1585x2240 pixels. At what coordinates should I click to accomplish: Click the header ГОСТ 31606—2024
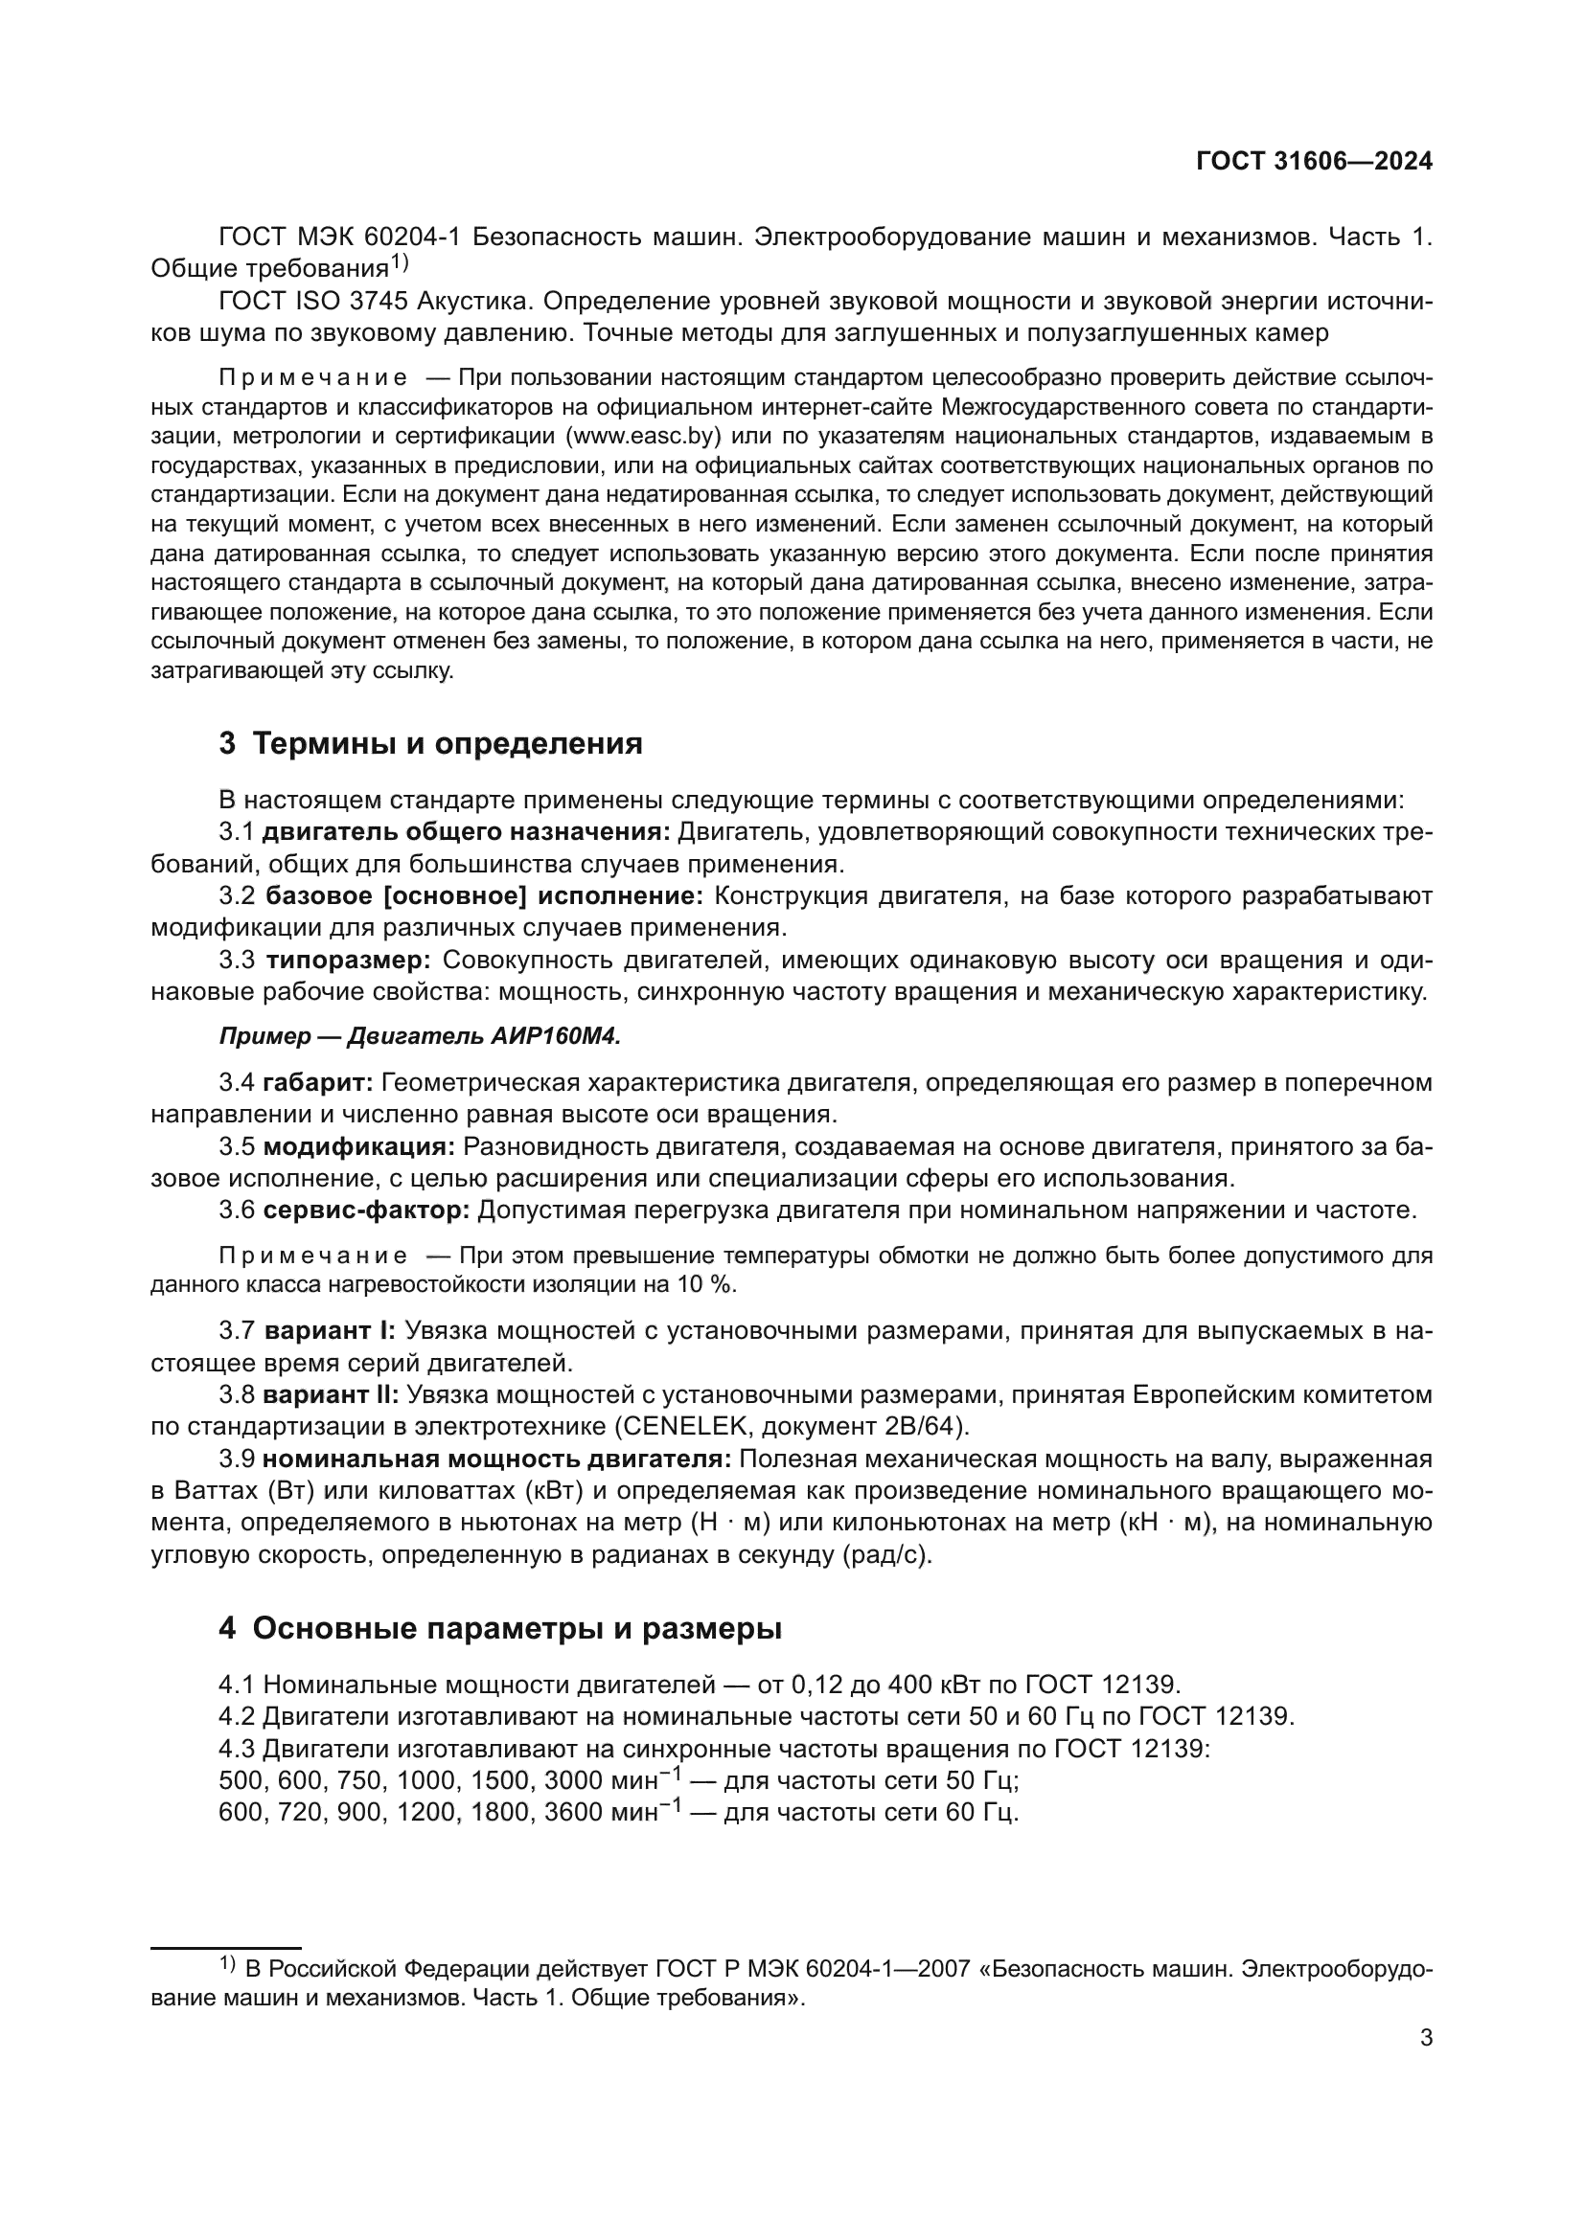click(1314, 162)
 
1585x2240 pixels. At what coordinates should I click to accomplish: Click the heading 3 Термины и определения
click(430, 743)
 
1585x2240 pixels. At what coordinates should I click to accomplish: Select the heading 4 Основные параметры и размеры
click(499, 1628)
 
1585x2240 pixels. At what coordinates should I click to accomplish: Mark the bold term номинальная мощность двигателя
click(496, 1459)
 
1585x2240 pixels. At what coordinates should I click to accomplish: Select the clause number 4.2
click(237, 1716)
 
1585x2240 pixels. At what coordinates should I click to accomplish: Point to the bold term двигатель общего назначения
click(467, 832)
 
